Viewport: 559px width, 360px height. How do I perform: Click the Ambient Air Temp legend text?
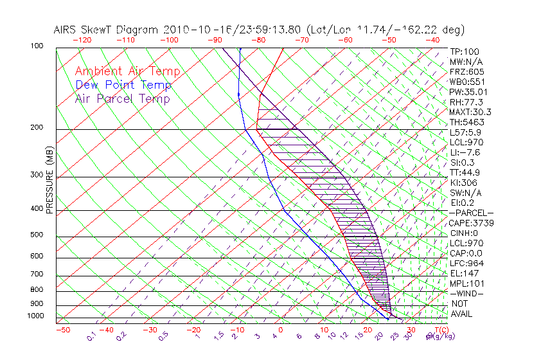pos(127,71)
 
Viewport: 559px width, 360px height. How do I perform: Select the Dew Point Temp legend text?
pos(123,85)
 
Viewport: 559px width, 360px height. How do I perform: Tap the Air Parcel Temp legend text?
pos(123,98)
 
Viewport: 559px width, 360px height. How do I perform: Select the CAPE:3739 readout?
pos(468,223)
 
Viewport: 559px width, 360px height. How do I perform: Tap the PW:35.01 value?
pos(466,92)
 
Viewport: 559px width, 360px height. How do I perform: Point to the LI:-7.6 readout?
pos(465,152)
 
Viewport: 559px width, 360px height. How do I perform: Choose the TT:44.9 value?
pos(465,172)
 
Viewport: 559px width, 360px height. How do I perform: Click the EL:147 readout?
pos(463,273)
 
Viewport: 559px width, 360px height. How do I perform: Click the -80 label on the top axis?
pos(258,40)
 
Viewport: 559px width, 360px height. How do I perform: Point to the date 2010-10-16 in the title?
pos(191,30)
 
